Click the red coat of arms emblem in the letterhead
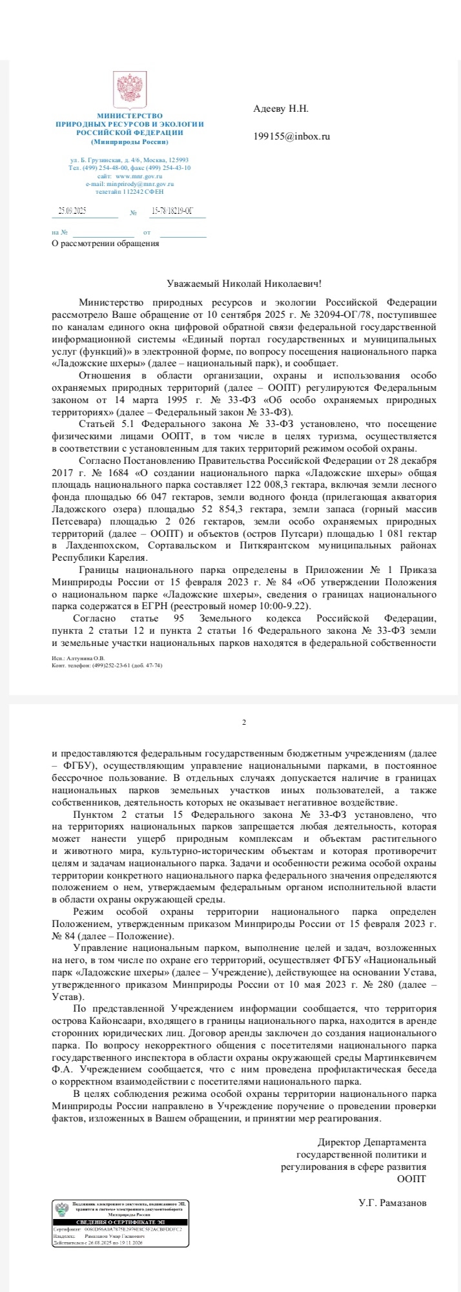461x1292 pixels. [x=129, y=90]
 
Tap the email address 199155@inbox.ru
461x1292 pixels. [x=291, y=136]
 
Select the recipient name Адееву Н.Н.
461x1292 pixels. [x=281, y=109]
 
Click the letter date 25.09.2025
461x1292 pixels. [x=72, y=211]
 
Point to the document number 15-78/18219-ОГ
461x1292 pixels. [x=172, y=211]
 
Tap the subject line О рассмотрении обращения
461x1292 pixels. [x=105, y=244]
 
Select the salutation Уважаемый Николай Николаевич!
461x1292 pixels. [x=243, y=283]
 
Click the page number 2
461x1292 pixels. [x=243, y=722]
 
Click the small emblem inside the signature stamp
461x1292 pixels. [x=62, y=1210]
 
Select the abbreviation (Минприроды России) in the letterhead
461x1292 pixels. [x=129, y=141]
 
